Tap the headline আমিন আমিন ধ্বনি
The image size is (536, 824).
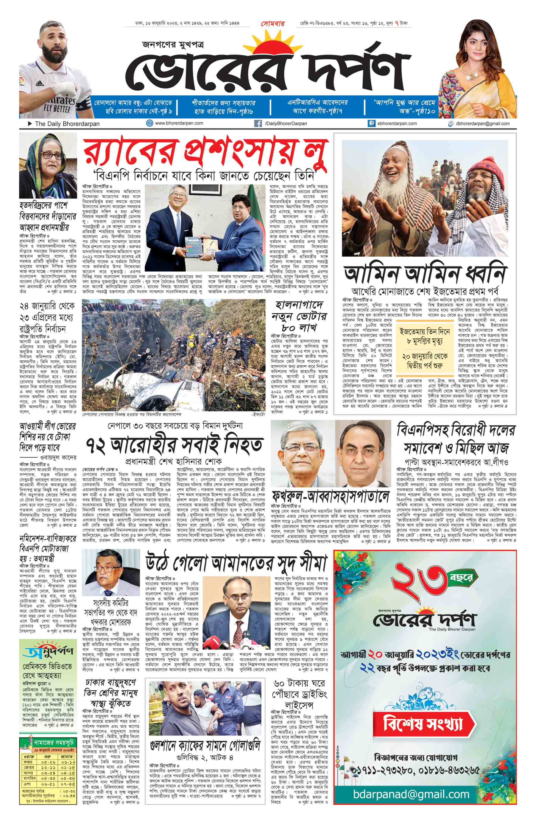[425, 274]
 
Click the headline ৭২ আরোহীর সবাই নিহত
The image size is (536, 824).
[174, 444]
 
